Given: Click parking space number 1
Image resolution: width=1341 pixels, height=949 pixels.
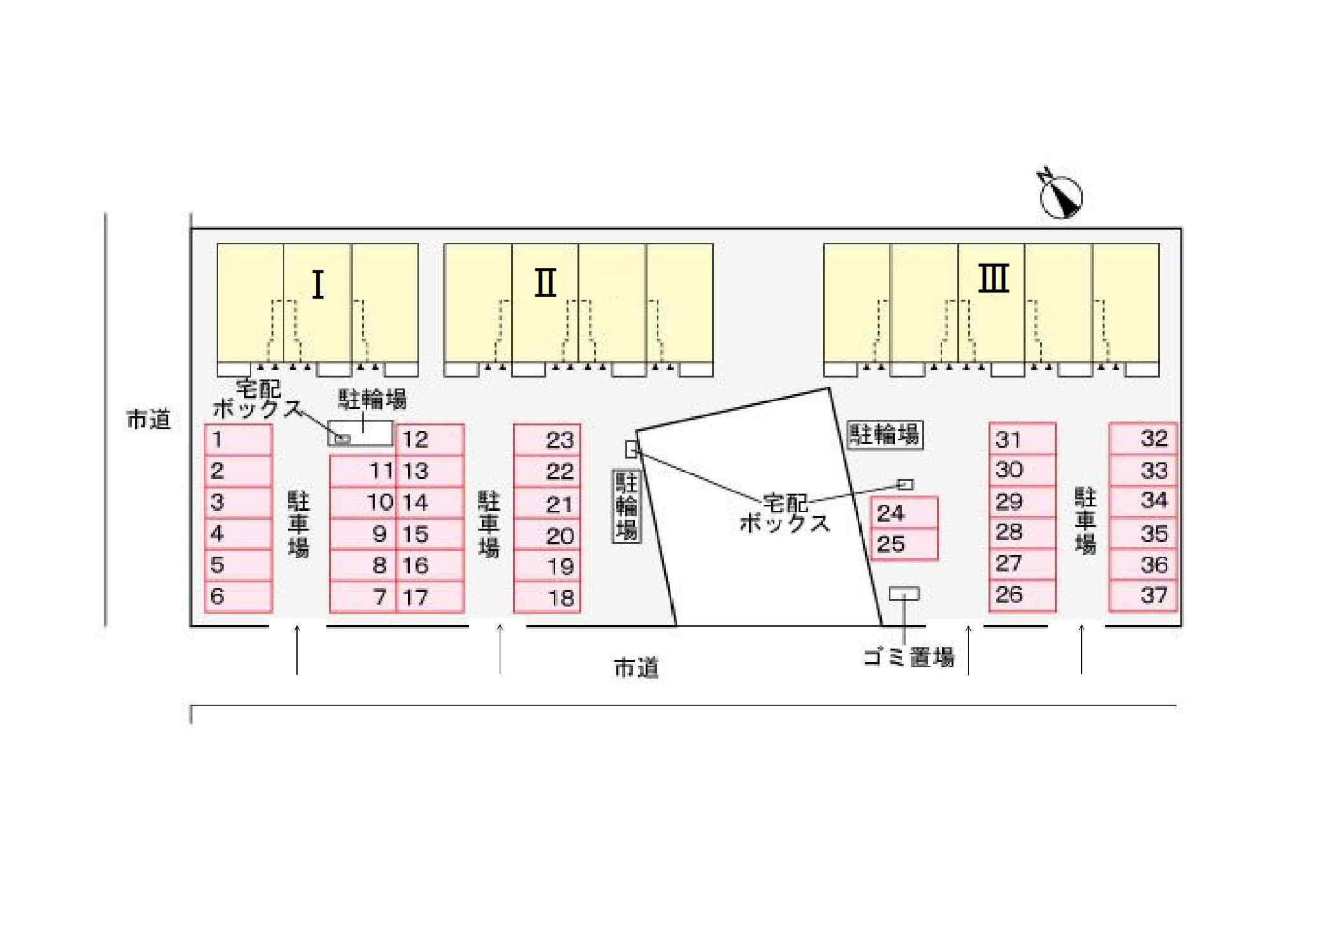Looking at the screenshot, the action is pyautogui.click(x=238, y=439).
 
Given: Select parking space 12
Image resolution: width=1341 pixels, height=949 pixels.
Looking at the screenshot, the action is pyautogui.click(x=430, y=439).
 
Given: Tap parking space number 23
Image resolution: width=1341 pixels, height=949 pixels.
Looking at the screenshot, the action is pyautogui.click(x=547, y=439).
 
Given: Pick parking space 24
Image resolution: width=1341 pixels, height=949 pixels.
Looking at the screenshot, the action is pyautogui.click(x=904, y=513).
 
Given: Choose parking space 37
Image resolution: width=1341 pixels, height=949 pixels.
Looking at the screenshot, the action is pyautogui.click(x=1143, y=596).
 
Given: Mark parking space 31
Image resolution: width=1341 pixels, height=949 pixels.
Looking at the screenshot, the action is pyautogui.click(x=1022, y=439).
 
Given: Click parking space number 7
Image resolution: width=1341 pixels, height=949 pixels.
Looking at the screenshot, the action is pyautogui.click(x=363, y=597).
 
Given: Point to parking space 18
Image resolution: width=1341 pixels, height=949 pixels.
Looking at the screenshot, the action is pyautogui.click(x=547, y=598).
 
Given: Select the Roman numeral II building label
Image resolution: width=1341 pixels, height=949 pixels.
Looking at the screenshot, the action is pyautogui.click(x=545, y=283).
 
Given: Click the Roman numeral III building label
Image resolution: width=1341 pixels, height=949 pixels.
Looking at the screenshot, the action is pyautogui.click(x=994, y=278).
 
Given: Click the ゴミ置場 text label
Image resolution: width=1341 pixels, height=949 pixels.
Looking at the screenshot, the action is pyautogui.click(x=909, y=656).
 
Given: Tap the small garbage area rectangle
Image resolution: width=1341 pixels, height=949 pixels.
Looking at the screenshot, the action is pyautogui.click(x=904, y=594).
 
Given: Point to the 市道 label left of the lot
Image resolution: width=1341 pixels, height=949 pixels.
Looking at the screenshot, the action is pyautogui.click(x=149, y=420).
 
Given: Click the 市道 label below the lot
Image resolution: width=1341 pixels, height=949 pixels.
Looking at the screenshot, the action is pyautogui.click(x=636, y=668).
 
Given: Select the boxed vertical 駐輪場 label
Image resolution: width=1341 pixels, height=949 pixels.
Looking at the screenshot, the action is pyautogui.click(x=627, y=506).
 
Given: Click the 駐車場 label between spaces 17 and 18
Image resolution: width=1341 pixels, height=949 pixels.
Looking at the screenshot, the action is pyautogui.click(x=489, y=524).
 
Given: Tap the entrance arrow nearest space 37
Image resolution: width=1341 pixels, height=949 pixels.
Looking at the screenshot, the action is pyautogui.click(x=1082, y=649).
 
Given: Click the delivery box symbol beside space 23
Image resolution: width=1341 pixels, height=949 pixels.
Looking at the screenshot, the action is pyautogui.click(x=632, y=450).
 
